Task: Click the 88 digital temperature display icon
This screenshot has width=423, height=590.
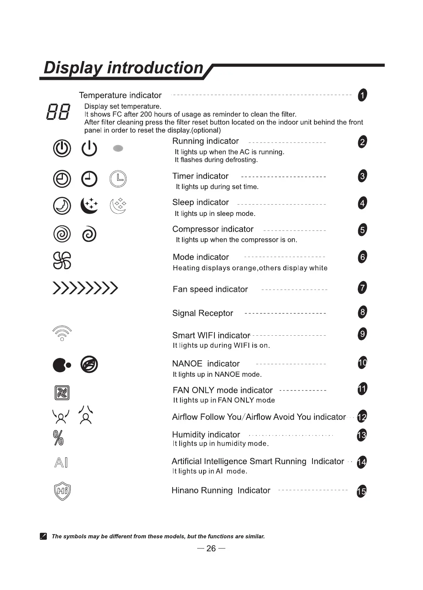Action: point(58,112)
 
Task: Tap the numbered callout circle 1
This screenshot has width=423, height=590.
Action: point(362,95)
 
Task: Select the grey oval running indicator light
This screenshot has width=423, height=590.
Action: point(118,148)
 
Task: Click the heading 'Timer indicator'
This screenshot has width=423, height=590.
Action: point(200,176)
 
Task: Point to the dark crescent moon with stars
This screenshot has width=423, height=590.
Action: point(89,205)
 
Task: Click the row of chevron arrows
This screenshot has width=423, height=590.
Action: point(85,288)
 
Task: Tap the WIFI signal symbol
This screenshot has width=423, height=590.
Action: point(62,333)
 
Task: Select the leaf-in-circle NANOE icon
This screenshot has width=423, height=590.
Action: point(89,365)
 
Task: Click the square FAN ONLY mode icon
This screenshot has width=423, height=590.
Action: point(62,392)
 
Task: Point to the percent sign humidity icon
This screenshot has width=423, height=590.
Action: point(58,438)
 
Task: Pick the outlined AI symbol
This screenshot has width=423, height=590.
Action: point(61,463)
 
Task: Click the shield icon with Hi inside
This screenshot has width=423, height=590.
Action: point(62,491)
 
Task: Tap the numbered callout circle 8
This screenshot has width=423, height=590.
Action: point(362,312)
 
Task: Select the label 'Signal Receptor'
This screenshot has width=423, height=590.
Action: point(203,313)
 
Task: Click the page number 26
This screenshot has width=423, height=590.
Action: point(211,549)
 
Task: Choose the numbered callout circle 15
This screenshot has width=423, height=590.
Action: point(362,491)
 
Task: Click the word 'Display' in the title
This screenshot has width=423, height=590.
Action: point(73,68)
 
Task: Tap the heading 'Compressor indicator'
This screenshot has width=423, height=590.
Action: point(213,229)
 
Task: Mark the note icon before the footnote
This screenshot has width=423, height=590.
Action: point(43,536)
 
